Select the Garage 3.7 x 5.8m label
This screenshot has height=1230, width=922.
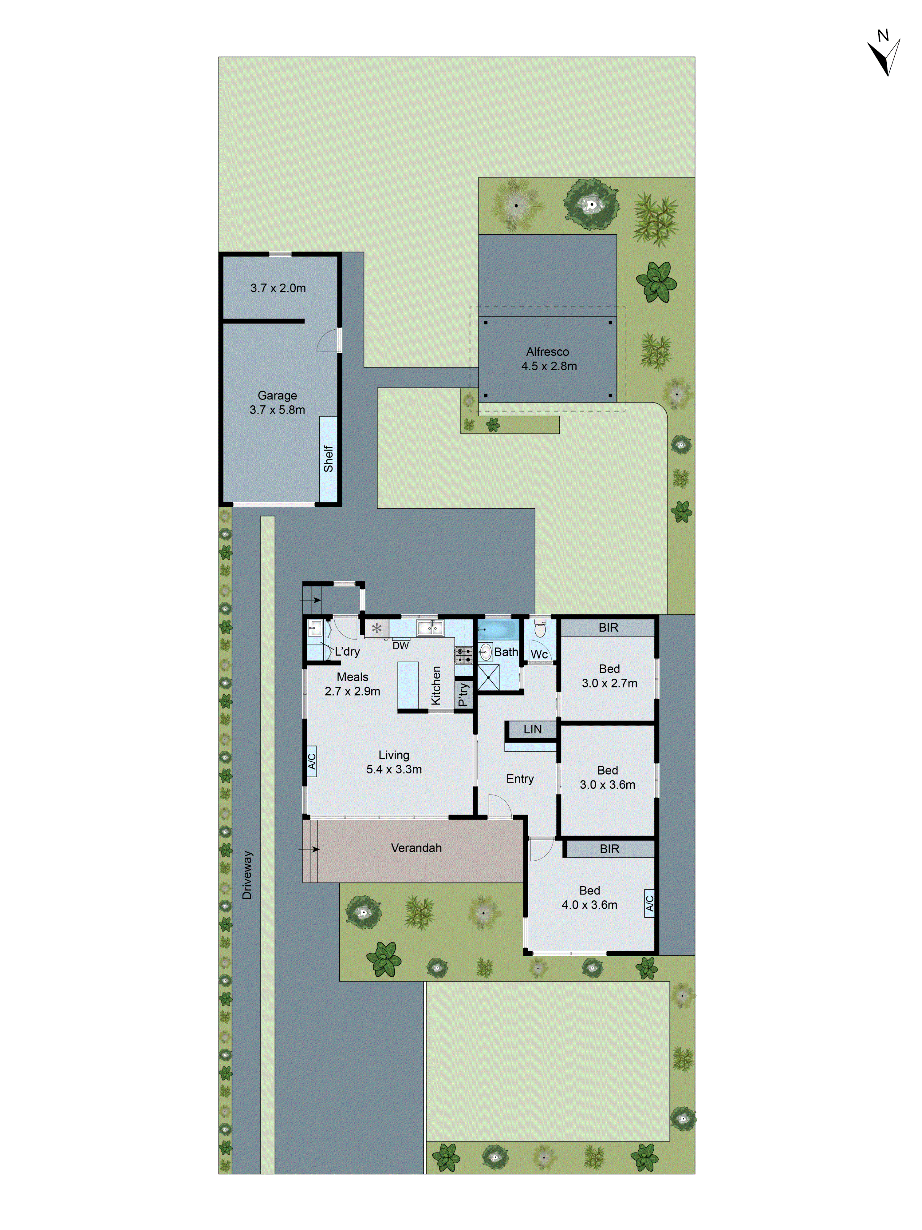click(x=277, y=403)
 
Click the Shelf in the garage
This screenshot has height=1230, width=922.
click(x=328, y=459)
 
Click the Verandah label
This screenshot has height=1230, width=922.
click(x=416, y=848)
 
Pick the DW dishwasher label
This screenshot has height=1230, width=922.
click(x=400, y=645)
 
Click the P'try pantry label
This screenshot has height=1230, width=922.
click(x=463, y=695)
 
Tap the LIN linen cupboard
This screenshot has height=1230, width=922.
click(x=532, y=729)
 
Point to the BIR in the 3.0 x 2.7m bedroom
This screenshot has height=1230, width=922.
click(x=608, y=628)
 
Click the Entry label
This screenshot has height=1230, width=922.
click(x=520, y=779)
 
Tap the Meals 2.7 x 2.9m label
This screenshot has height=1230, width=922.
click(x=352, y=684)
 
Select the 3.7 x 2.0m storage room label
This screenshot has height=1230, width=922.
click(x=278, y=288)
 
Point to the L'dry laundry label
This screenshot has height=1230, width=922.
click(x=347, y=651)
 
